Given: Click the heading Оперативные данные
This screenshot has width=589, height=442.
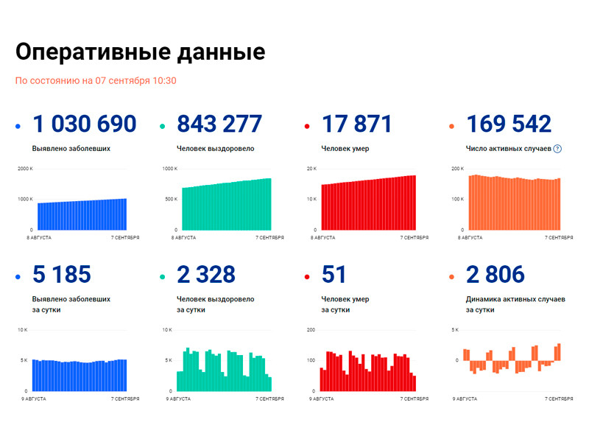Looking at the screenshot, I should [x=140, y=52].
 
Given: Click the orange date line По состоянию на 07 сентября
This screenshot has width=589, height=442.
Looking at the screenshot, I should [x=96, y=81].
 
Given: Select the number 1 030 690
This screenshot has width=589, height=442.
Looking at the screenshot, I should [x=85, y=124].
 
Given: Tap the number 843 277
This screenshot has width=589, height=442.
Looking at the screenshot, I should [x=219, y=124].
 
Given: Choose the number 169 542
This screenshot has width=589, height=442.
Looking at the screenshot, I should [x=509, y=124].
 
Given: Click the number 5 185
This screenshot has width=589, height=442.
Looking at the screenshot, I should [x=62, y=275].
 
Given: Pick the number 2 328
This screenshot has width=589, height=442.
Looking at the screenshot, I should [x=206, y=275].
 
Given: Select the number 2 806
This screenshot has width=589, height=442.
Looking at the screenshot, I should [x=495, y=275].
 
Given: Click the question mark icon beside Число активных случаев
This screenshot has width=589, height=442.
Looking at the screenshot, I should [x=557, y=149].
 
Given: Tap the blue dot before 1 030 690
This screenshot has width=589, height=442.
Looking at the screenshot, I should [x=18, y=127].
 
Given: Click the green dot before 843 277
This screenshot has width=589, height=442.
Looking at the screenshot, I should [x=162, y=127].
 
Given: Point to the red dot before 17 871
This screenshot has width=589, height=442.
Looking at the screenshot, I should [x=306, y=127].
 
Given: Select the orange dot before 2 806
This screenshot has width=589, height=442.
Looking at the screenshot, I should [x=451, y=278].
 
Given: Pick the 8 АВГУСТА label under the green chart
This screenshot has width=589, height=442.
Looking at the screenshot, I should [x=184, y=238].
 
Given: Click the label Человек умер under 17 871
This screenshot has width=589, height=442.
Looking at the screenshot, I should [x=345, y=149].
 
